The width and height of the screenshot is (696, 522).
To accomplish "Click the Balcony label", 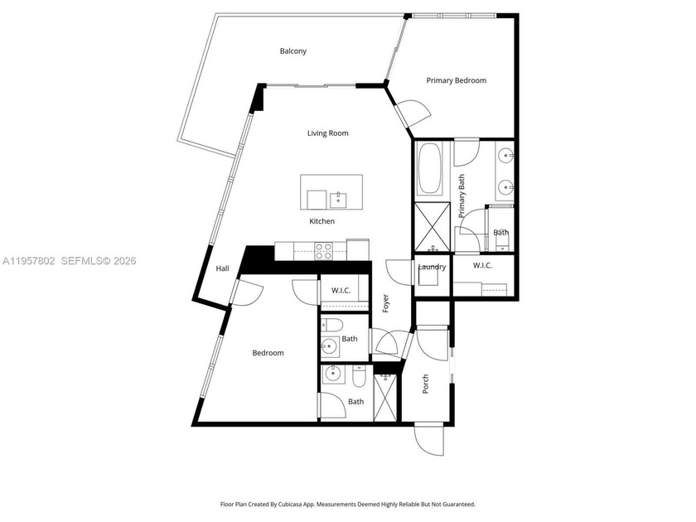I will click(292, 51).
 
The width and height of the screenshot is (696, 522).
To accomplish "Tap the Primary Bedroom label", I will click(456, 80).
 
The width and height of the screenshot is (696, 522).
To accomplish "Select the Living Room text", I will click(327, 133).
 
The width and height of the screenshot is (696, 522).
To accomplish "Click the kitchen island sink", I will click(338, 199).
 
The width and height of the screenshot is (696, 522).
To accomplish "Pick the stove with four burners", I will click(324, 249).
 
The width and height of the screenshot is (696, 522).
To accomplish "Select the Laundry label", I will click(432, 267).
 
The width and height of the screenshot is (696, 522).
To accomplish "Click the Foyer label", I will click(385, 302).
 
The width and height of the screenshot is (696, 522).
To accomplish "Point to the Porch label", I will click(426, 383).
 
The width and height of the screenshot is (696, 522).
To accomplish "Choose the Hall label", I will click(222, 268).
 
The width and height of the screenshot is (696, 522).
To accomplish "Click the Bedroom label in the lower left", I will click(268, 353).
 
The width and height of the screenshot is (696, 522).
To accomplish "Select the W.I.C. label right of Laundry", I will click(484, 265).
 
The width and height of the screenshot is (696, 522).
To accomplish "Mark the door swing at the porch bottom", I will click(430, 439).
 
